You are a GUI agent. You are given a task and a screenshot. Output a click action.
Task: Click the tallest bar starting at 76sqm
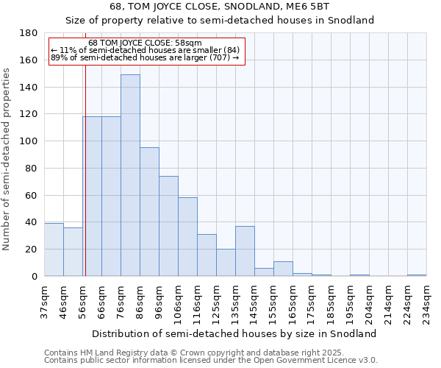coord(130,175)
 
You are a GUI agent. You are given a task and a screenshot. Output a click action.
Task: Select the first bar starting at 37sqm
coord(54,250)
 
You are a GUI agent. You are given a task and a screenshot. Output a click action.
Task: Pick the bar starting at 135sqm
coord(245,251)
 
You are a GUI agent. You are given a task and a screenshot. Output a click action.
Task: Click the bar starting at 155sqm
coord(283,269)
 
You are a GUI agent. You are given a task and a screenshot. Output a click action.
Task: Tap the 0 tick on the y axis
coord(34,277)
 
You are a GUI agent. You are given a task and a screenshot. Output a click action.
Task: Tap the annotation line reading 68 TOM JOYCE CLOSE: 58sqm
coord(145,43)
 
